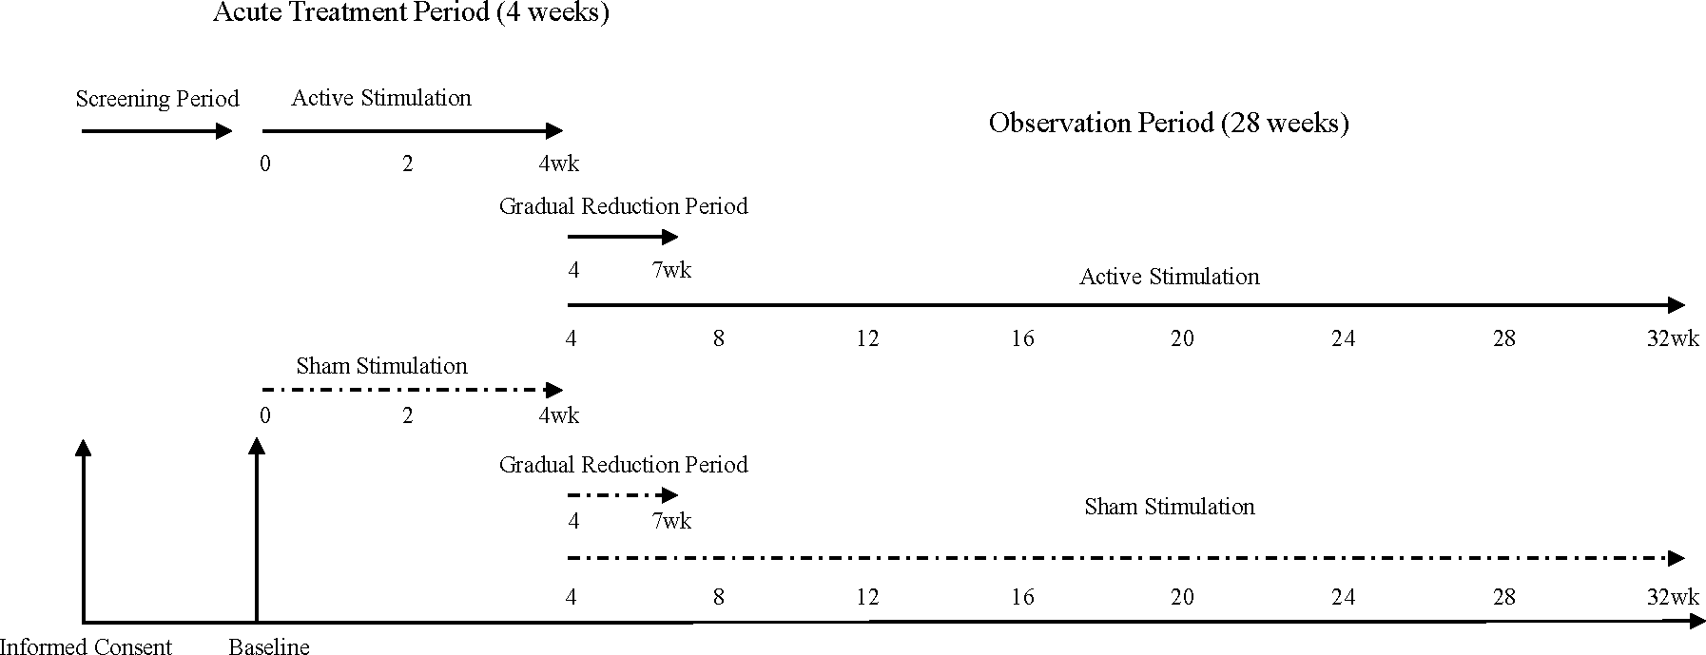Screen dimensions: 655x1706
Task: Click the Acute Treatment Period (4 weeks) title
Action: click(x=410, y=13)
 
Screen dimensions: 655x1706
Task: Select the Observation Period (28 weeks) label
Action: click(x=1169, y=124)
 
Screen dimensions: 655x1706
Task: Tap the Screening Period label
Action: click(x=157, y=99)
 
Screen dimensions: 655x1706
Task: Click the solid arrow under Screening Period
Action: click(x=156, y=131)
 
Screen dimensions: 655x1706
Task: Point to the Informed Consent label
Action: click(x=87, y=647)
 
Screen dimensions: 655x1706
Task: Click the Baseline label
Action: click(x=269, y=647)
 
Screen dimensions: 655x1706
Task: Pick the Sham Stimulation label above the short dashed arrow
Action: click(x=381, y=366)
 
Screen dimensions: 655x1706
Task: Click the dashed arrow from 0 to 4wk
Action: click(x=411, y=389)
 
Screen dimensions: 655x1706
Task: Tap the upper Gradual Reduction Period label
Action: click(x=623, y=206)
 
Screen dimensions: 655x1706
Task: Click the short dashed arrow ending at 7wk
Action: click(x=622, y=495)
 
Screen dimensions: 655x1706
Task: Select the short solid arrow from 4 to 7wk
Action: click(x=622, y=237)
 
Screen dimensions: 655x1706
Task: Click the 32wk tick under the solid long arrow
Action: click(x=1672, y=338)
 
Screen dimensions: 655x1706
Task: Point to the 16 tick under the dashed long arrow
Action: click(x=1022, y=597)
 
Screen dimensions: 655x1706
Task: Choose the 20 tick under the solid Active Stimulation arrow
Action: click(x=1182, y=338)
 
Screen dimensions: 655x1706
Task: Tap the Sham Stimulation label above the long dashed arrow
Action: click(x=1169, y=507)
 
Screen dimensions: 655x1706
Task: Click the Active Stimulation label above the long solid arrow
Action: click(x=1169, y=277)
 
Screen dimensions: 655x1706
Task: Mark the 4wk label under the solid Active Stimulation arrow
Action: click(x=558, y=164)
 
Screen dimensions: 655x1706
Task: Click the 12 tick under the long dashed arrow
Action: click(x=867, y=597)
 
